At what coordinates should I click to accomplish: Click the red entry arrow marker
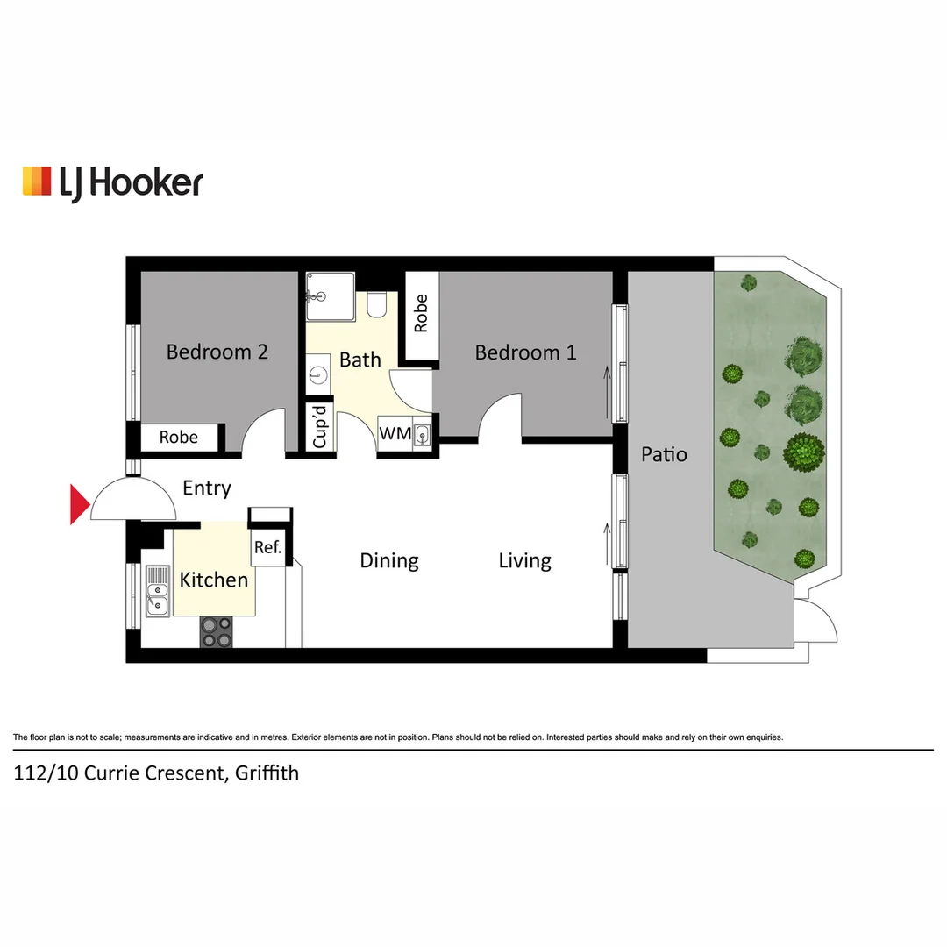80,505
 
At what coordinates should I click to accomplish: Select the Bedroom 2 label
217,352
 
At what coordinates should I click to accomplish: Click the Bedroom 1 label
525,352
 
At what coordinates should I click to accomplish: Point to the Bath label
360,360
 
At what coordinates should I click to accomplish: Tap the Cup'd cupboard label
320,427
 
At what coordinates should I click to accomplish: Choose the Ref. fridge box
267,548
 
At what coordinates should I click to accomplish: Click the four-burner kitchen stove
217,631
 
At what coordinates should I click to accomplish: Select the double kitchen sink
158,590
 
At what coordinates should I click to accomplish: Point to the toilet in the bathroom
378,304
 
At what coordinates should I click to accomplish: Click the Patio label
664,454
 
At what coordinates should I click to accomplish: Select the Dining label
389,560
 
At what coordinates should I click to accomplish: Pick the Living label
524,560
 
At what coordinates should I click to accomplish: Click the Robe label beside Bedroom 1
421,313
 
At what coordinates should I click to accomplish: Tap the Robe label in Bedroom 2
178,437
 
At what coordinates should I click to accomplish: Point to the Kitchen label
213,580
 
